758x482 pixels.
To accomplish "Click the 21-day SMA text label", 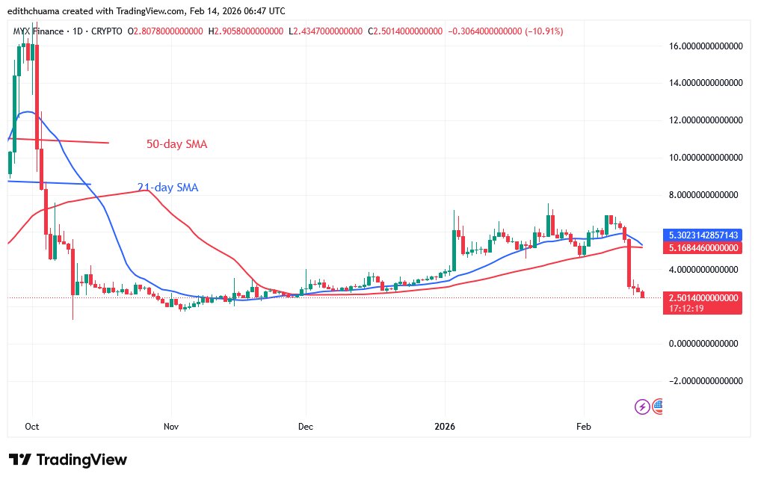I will [x=167, y=188].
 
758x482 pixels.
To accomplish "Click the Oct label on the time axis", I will [x=31, y=427].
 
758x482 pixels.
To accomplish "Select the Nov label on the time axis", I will [x=171, y=427].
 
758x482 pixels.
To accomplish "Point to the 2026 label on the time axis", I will [x=445, y=427].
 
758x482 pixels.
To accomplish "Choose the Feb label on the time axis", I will [x=584, y=427].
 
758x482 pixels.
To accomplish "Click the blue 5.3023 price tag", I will [x=702, y=235].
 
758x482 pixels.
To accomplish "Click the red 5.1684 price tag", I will [x=702, y=247].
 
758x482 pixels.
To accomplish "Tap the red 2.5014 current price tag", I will [x=702, y=297].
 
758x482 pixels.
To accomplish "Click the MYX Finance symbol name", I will [x=44, y=31].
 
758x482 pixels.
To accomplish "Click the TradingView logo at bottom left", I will [x=67, y=460].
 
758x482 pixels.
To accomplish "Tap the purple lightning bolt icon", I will [x=641, y=407].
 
